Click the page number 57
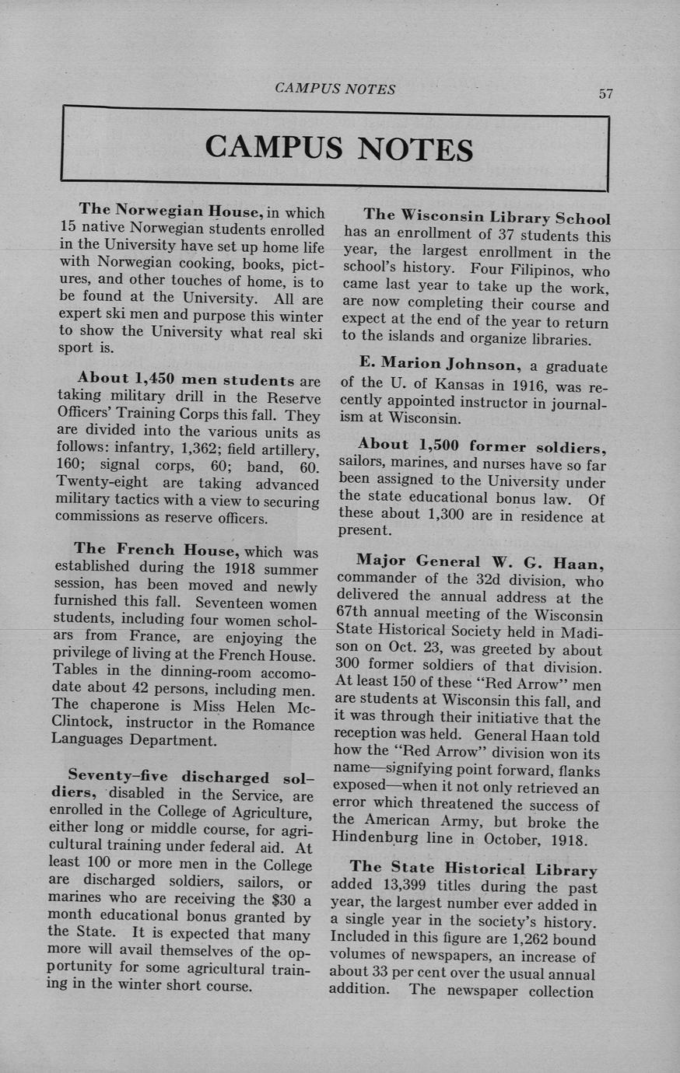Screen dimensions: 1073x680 click(605, 94)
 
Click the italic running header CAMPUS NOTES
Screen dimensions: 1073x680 click(335, 89)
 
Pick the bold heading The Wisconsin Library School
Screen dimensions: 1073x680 click(486, 217)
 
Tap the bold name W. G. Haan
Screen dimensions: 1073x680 click(545, 561)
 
